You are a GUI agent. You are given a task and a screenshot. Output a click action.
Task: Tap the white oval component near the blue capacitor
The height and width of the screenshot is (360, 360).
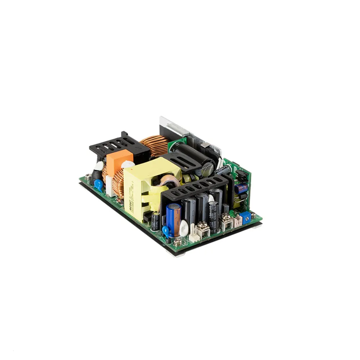tap(184, 228)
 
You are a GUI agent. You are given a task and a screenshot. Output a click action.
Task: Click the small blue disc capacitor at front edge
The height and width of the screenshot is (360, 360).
tap(165, 230)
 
